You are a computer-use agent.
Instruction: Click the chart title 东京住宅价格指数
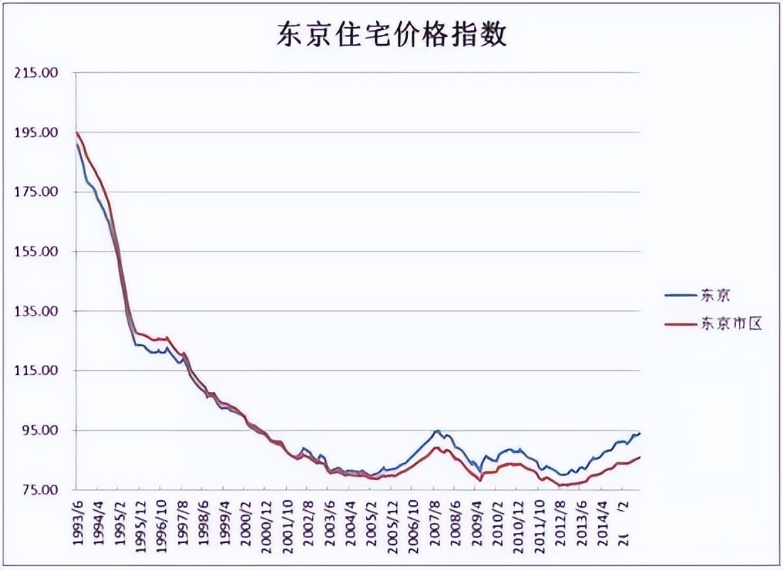pos(391,34)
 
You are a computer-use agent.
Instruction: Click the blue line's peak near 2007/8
pos(438,431)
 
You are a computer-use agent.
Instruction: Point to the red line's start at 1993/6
pos(77,133)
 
